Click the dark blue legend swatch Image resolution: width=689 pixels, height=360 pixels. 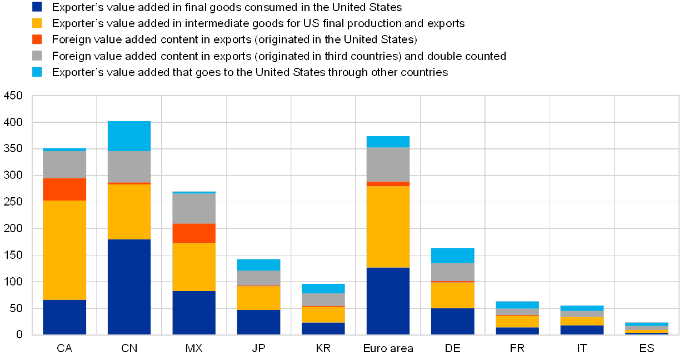click(x=37, y=7)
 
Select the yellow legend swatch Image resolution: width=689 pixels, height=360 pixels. click(x=37, y=23)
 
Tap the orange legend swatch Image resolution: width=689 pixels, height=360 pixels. click(x=37, y=39)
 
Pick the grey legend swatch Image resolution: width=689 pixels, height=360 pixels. click(x=37, y=56)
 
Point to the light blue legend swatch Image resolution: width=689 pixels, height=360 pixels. click(x=37, y=72)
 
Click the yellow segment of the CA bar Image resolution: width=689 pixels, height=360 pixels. click(x=64, y=250)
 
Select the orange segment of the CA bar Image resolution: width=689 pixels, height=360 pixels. click(x=64, y=189)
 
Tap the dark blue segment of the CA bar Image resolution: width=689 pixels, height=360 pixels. click(x=64, y=317)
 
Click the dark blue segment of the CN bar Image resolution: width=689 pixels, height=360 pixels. click(x=129, y=287)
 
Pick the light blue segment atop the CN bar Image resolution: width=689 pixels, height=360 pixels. click(x=129, y=136)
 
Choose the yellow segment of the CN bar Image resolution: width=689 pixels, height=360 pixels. click(x=129, y=212)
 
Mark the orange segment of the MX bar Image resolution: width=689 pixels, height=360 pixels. click(x=194, y=233)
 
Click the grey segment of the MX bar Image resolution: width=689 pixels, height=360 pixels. click(x=194, y=208)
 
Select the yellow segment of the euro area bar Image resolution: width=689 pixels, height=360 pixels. click(x=388, y=227)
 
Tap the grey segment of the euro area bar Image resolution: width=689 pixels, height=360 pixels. click(x=388, y=164)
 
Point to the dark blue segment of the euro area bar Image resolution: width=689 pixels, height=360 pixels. click(x=388, y=301)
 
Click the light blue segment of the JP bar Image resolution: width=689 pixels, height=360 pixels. click(x=258, y=265)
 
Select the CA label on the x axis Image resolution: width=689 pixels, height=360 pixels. click(x=64, y=349)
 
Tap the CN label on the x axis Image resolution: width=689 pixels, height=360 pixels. click(x=129, y=349)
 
